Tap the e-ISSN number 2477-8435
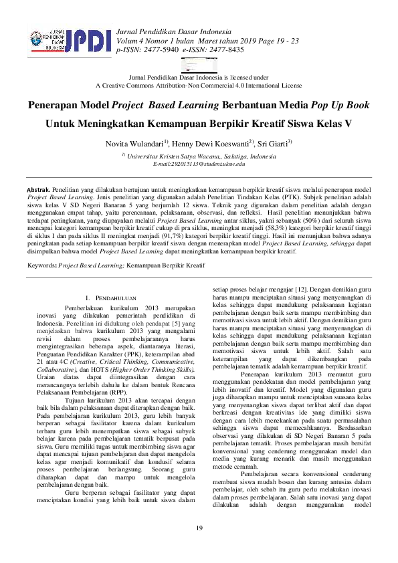[x=227, y=49]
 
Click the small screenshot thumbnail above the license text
[x=199, y=68]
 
